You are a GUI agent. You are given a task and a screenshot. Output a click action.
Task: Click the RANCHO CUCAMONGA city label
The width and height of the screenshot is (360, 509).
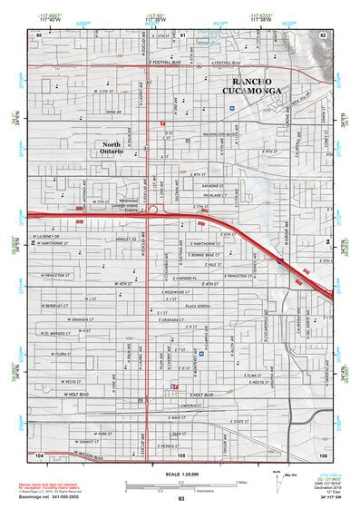pyautogui.click(x=262, y=84)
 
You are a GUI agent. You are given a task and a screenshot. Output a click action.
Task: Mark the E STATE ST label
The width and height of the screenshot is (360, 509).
pyautogui.click(x=238, y=422)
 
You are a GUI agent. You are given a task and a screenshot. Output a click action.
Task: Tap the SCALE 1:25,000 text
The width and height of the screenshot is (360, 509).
pyautogui.click(x=182, y=472)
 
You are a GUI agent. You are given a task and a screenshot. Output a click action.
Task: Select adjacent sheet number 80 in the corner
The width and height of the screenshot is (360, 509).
pyautogui.click(x=39, y=34)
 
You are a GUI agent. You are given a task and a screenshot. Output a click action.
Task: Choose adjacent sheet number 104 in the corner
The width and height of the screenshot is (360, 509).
pyautogui.click(x=39, y=454)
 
